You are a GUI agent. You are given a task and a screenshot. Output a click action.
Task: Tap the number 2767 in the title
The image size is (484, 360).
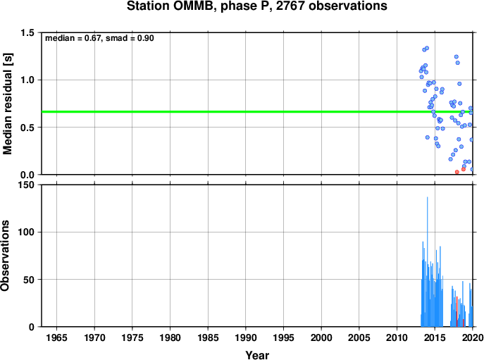pos(290,6)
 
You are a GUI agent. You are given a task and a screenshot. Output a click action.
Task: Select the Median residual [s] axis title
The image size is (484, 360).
pos(8,104)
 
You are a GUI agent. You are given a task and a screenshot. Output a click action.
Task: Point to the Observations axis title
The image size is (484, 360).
pos(5,256)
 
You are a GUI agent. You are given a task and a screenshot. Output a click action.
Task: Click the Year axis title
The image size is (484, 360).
pos(257,355)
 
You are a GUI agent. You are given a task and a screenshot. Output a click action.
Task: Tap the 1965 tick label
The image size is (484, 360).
pos(56,337)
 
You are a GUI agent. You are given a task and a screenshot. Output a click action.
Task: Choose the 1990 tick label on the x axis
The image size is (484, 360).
pos(246,337)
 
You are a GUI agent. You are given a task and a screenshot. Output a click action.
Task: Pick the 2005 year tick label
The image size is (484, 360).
pos(359,337)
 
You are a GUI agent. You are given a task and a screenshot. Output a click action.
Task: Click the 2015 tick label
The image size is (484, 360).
pos(435,337)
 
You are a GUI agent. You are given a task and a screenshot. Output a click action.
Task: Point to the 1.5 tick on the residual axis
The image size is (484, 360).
pos(27,32)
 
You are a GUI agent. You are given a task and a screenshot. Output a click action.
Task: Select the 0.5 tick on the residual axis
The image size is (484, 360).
pos(27,128)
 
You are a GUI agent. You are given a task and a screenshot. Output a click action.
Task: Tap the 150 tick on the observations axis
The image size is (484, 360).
pos(26,185)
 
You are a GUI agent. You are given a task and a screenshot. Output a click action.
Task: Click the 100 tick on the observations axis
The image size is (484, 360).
pos(26,232)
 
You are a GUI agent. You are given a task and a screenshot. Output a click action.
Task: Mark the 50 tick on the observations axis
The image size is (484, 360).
pos(29,280)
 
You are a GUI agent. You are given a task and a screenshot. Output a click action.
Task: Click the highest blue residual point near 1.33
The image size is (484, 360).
pos(427,48)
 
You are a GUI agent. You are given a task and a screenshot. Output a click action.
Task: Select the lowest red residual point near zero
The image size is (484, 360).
pos(457,172)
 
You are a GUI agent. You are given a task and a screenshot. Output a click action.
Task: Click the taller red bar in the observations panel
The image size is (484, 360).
pos(457,311)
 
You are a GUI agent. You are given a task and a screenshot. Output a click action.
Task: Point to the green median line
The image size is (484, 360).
pos(257,112)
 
